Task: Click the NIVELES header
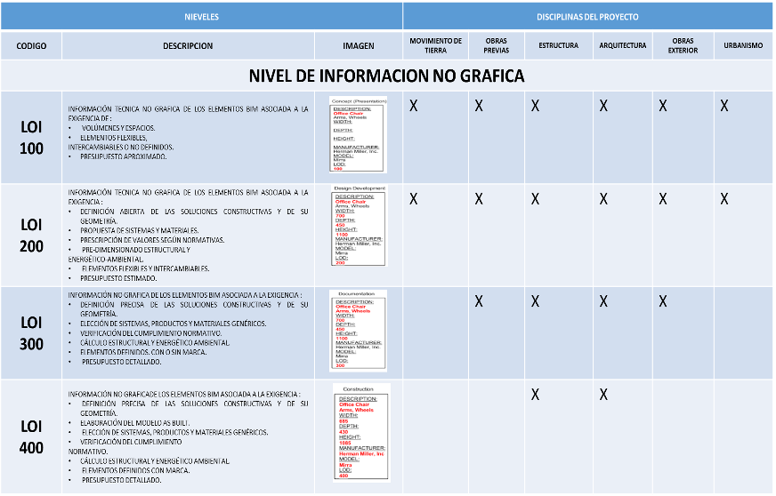(x=201, y=17)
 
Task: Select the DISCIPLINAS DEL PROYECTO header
(x=587, y=17)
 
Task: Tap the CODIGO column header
(x=31, y=45)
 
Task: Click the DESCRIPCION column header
(x=188, y=45)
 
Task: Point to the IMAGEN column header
(x=359, y=45)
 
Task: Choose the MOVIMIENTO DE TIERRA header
(x=435, y=45)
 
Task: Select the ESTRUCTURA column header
(x=558, y=45)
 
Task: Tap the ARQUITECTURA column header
(x=623, y=45)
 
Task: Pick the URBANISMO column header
(x=743, y=45)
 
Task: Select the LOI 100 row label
(x=31, y=137)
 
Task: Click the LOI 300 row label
(x=31, y=333)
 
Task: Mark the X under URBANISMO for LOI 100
(x=724, y=106)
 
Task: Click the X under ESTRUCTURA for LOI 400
(x=536, y=394)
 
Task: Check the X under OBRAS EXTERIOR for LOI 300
(x=662, y=301)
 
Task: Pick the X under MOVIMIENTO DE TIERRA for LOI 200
(x=414, y=199)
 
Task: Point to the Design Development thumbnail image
(x=360, y=229)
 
